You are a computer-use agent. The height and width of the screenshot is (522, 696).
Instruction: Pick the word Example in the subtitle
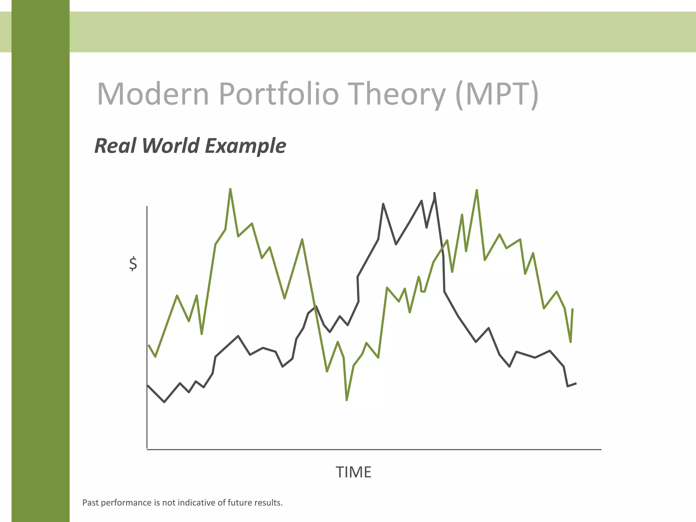coord(245,146)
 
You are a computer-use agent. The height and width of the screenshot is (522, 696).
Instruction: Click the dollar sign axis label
coord(133,264)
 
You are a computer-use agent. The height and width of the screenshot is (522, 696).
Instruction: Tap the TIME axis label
coord(353,472)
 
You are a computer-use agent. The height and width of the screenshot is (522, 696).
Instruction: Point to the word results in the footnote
coord(269,503)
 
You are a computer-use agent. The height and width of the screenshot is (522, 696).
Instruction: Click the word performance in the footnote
coord(128,503)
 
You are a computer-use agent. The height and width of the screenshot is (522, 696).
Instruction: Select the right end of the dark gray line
coord(576,383)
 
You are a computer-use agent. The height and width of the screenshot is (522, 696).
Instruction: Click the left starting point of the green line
coord(149,345)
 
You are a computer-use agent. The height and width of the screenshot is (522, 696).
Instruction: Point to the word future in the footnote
coord(238,503)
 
